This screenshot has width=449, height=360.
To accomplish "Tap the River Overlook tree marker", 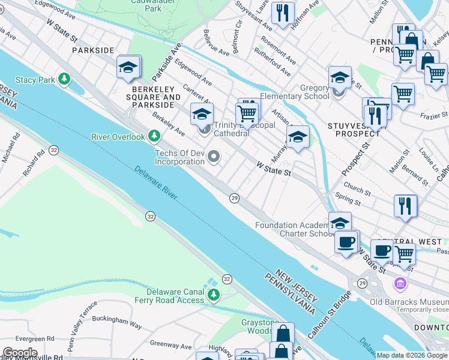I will pyautogui.click(x=154, y=136).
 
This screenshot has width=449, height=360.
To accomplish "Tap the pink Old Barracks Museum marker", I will pyautogui.click(x=399, y=283).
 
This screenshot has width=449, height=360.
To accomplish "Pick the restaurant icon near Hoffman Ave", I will pyautogui.click(x=282, y=13).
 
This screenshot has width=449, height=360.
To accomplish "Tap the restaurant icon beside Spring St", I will pyautogui.click(x=405, y=205).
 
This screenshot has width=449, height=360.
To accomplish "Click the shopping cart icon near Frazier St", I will pyautogui.click(x=402, y=94).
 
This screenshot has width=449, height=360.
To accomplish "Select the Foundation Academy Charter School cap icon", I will pyautogui.click(x=340, y=222).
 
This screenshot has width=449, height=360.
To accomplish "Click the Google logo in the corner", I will pyautogui.click(x=20, y=353).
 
